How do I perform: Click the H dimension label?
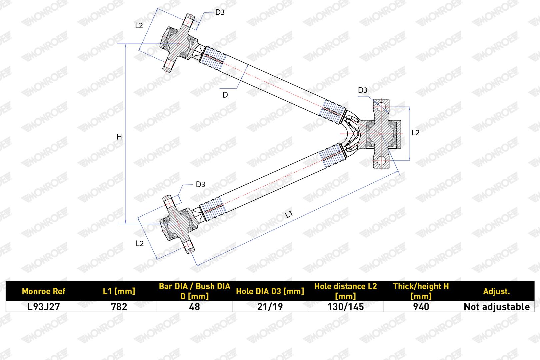(x=119, y=137)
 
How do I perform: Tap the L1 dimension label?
(x=289, y=214)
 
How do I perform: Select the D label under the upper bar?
(x=225, y=95)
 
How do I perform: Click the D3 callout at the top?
(x=220, y=12)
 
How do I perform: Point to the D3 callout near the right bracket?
(x=363, y=90)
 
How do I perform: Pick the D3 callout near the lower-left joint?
(x=200, y=184)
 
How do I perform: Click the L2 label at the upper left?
(x=139, y=26)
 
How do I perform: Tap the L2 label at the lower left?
(x=140, y=244)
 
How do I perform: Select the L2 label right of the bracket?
(x=416, y=133)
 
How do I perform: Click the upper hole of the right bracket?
(x=381, y=107)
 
